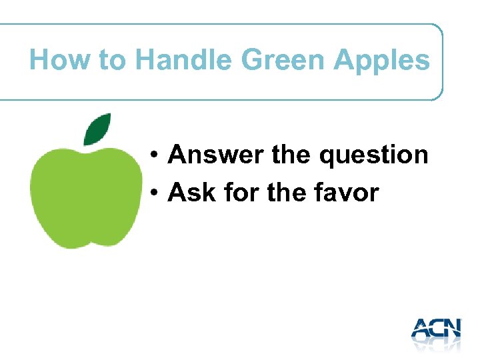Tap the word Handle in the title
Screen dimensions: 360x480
point(183,60)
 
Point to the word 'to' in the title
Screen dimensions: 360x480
point(112,61)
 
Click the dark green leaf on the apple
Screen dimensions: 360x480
point(97,129)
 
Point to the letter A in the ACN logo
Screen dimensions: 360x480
point(422,328)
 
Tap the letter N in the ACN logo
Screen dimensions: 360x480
point(451,328)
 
